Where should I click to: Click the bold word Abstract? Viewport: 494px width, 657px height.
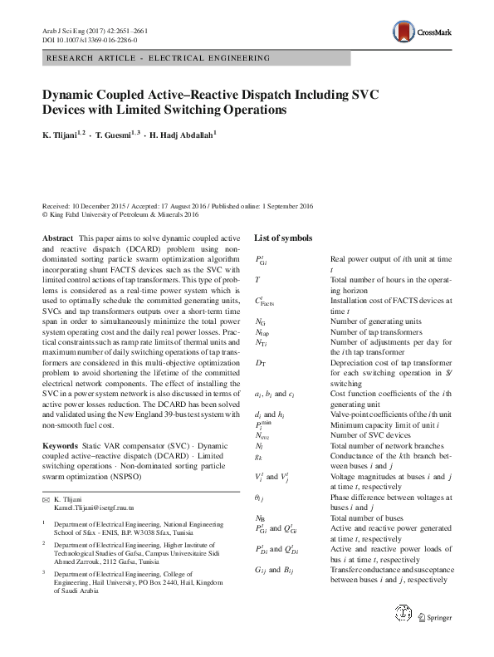(57, 238)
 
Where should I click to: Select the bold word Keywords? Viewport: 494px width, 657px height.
(61, 446)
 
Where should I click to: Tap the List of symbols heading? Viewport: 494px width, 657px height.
(283, 238)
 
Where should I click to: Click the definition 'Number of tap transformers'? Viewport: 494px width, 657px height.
(375, 331)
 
